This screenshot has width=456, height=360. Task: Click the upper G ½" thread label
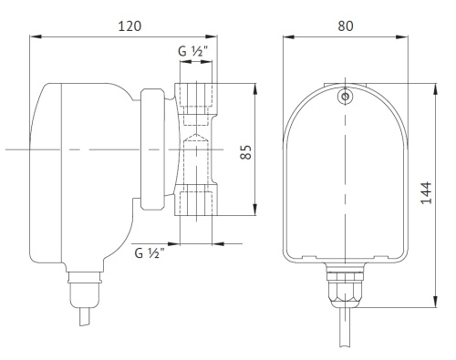[x=193, y=52]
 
